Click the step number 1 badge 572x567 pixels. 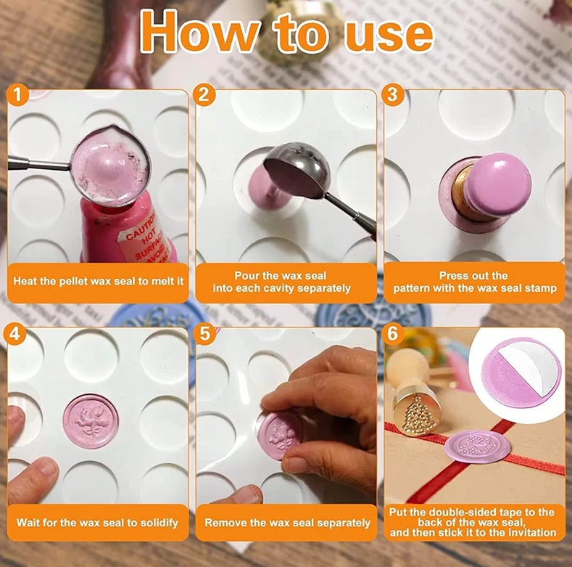17,95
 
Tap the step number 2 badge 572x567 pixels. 204,95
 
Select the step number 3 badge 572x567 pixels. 391,95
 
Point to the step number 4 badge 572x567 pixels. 14,333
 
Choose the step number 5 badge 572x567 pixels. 205,333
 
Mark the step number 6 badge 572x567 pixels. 392,333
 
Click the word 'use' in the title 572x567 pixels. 389,36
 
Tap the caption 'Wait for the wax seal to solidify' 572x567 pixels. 97,523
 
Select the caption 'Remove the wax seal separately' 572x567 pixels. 288,523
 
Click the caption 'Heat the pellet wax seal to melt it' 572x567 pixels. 99,281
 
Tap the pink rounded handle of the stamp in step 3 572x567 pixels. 499,184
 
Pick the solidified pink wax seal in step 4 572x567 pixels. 91,421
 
